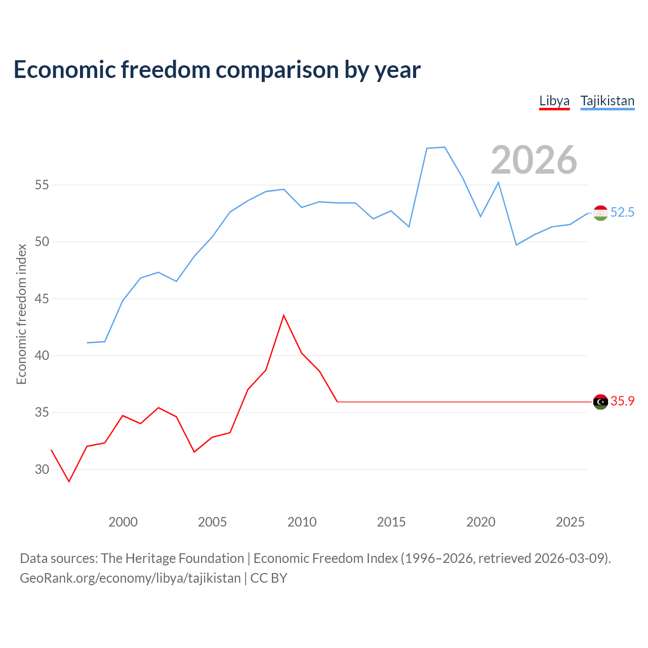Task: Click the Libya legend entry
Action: pos(554,101)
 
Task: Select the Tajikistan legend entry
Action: pos(607,101)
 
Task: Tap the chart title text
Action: pos(217,69)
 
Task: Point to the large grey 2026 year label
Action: pos(534,160)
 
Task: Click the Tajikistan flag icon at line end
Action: pos(600,213)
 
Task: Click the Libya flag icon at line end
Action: pos(600,402)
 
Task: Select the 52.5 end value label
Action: pos(622,213)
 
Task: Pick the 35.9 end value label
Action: pos(622,401)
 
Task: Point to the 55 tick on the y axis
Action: pos(42,185)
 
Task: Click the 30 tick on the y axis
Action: pos(42,470)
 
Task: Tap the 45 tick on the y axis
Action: pos(42,299)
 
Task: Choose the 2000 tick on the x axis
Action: pos(123,522)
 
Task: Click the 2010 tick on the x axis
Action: pos(302,522)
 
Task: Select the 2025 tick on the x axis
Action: pos(570,522)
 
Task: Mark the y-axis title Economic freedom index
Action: pos(21,314)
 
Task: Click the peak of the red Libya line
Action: pos(283,315)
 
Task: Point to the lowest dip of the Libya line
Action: pos(69,481)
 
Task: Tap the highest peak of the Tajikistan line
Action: pos(444,147)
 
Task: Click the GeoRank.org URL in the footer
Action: pos(130,578)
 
